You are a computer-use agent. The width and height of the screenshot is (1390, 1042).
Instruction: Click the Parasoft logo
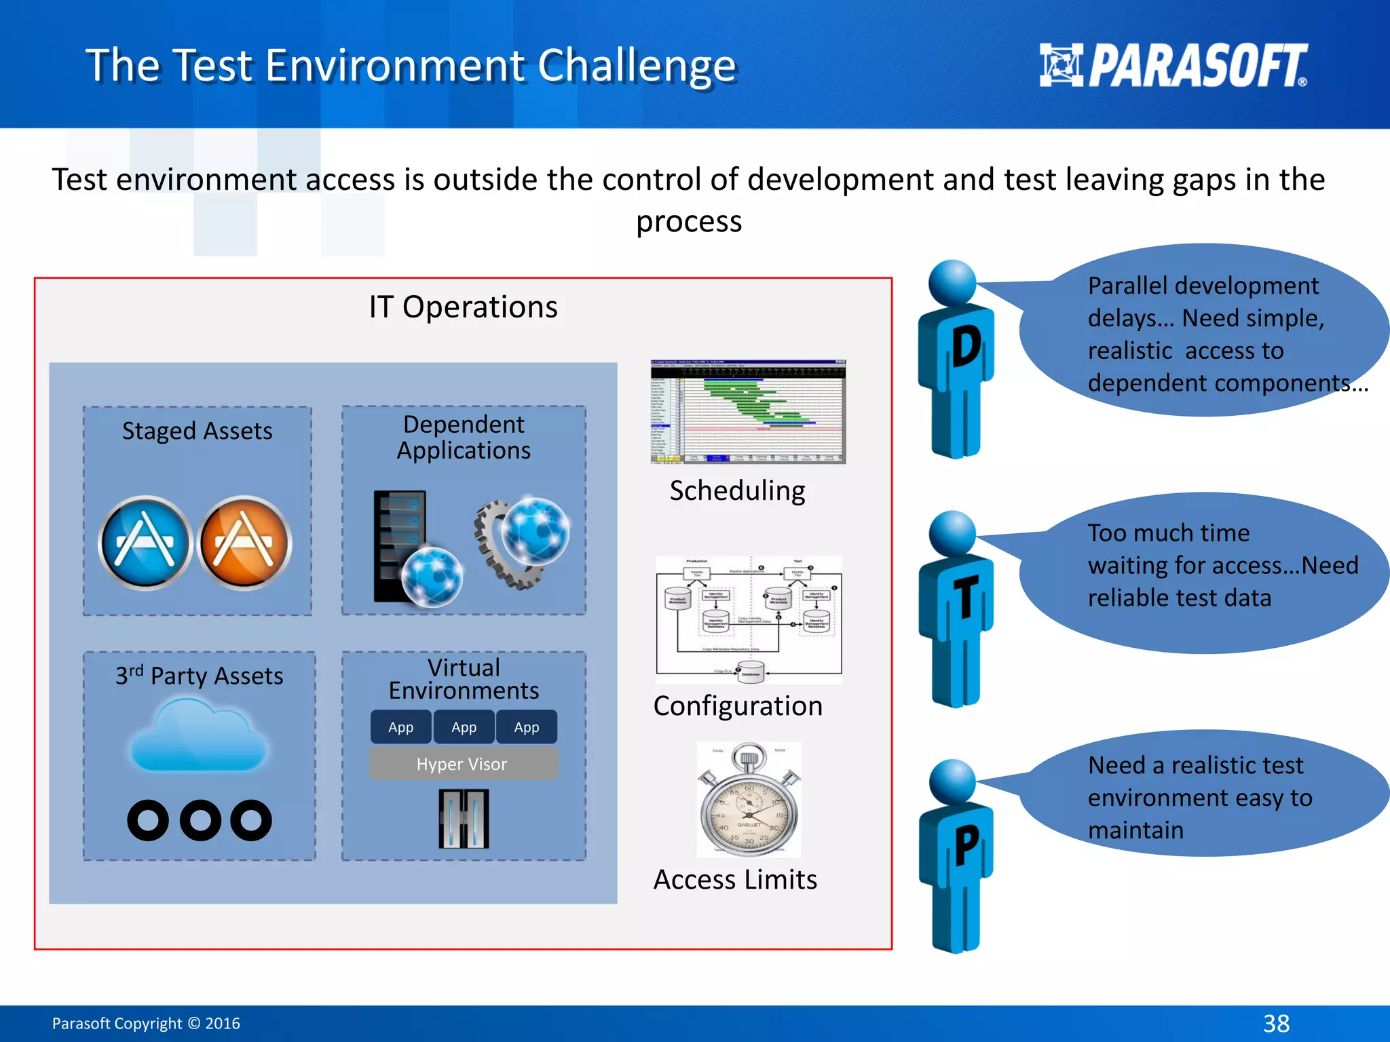(x=1173, y=65)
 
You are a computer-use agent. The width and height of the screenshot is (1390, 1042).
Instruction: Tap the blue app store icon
(x=145, y=543)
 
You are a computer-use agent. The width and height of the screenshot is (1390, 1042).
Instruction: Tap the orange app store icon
(x=244, y=543)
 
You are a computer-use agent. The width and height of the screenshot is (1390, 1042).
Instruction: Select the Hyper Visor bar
(x=463, y=764)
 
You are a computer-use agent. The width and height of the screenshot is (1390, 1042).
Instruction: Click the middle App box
(x=464, y=727)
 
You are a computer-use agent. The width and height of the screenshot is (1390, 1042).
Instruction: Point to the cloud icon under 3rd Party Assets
(x=198, y=736)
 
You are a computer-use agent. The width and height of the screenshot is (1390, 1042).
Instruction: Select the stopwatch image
(x=749, y=800)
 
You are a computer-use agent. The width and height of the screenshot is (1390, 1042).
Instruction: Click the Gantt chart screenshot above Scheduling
(x=748, y=412)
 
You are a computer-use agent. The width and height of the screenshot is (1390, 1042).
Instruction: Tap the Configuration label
(x=738, y=706)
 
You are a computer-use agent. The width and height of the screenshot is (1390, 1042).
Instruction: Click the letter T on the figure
(x=965, y=597)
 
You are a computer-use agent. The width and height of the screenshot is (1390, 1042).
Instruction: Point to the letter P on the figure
(x=966, y=845)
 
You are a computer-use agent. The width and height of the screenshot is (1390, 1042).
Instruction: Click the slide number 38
(x=1276, y=1023)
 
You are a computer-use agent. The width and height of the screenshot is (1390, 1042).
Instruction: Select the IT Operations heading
(x=463, y=307)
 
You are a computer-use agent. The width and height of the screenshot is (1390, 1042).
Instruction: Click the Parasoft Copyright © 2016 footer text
(x=146, y=1023)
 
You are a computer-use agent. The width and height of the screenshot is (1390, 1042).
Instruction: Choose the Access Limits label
(x=735, y=880)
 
